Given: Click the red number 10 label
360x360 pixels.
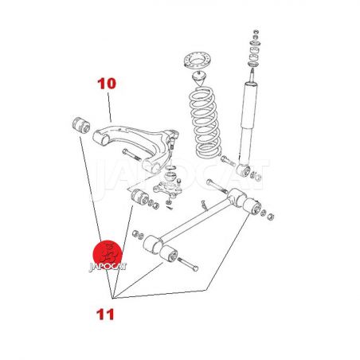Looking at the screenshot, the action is (x=107, y=84).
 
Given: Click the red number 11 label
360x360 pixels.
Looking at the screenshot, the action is (x=105, y=315).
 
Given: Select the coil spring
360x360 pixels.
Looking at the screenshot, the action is (x=205, y=123).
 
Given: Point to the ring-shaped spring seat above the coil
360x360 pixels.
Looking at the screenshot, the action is (x=198, y=61).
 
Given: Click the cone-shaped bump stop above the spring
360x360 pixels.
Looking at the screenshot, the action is (x=199, y=78).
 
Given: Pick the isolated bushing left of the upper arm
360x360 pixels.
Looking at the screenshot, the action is (x=81, y=125).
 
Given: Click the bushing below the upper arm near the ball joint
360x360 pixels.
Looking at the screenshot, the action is (x=139, y=197).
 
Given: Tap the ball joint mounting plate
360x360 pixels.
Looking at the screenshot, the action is (x=167, y=190).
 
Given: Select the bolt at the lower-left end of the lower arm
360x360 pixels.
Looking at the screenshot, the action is (x=187, y=264).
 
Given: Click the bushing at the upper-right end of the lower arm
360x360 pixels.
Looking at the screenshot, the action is (x=252, y=206).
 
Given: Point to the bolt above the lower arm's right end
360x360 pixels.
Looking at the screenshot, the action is (x=217, y=186).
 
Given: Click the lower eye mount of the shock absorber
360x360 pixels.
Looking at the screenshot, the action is (x=243, y=170).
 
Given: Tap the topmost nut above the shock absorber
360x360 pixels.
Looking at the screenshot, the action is (x=256, y=31).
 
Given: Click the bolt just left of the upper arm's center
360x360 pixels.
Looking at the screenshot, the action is (x=131, y=155).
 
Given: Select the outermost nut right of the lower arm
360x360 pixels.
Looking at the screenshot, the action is (x=271, y=217).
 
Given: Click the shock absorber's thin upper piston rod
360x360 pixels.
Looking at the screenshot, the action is (x=252, y=76).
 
